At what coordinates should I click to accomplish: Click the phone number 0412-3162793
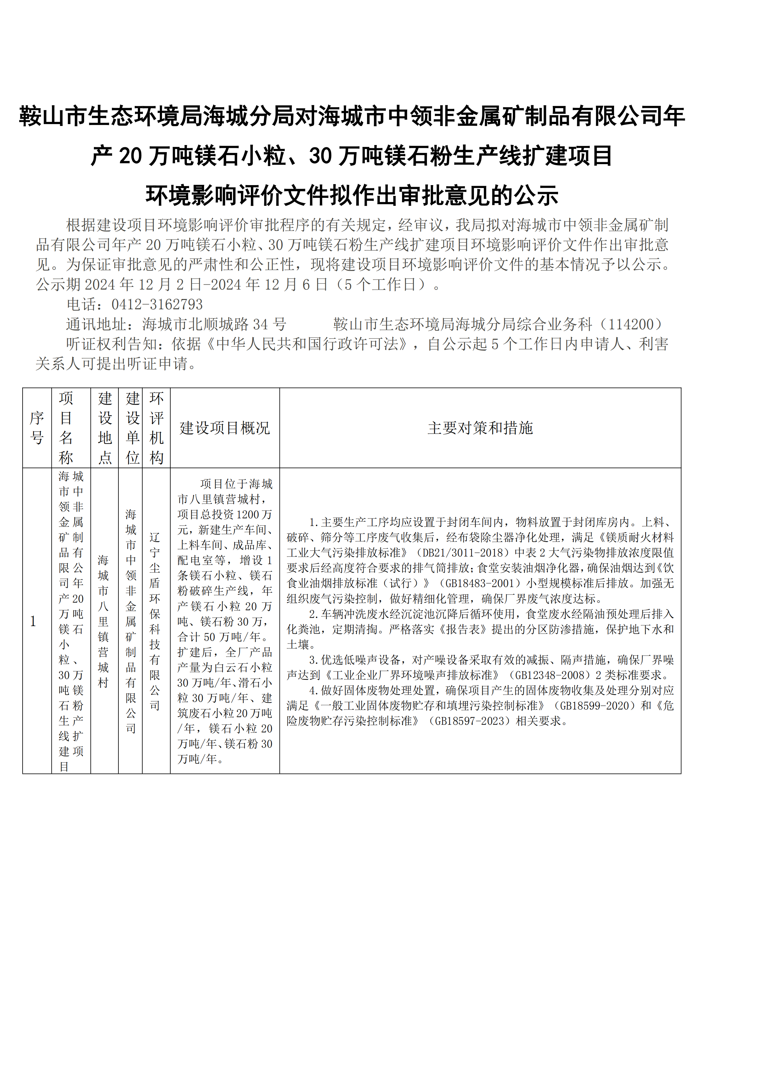point(157,304)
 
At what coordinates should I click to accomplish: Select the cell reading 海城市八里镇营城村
point(103,621)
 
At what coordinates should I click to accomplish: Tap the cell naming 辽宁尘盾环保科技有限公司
point(155,621)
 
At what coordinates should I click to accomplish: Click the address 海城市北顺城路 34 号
point(214,324)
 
